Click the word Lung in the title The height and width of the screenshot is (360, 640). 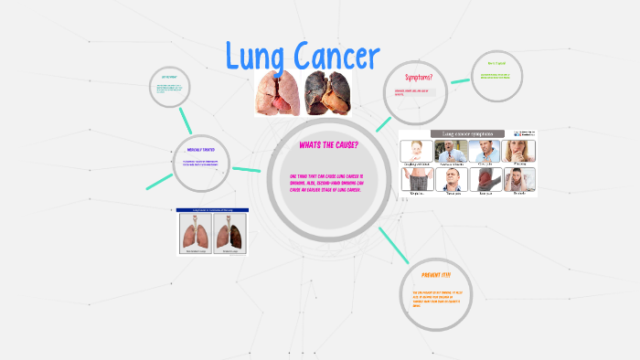pos(261,58)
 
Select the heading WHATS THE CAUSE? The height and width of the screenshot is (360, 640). pos(328,145)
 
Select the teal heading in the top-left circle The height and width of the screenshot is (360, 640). pos(169,76)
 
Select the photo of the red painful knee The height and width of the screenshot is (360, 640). pos(486,179)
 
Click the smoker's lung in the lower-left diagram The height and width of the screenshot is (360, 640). pos(229,235)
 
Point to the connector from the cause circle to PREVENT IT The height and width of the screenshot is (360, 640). pos(393,241)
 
